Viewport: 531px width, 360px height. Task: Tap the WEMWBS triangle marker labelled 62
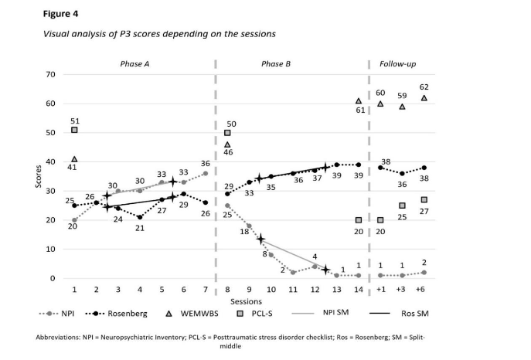click(x=424, y=98)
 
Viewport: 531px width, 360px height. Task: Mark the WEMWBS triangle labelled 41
click(x=74, y=159)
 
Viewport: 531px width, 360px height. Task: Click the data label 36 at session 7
click(x=206, y=164)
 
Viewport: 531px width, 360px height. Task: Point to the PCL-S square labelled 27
click(x=424, y=200)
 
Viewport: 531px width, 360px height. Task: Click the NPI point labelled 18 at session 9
click(x=249, y=226)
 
